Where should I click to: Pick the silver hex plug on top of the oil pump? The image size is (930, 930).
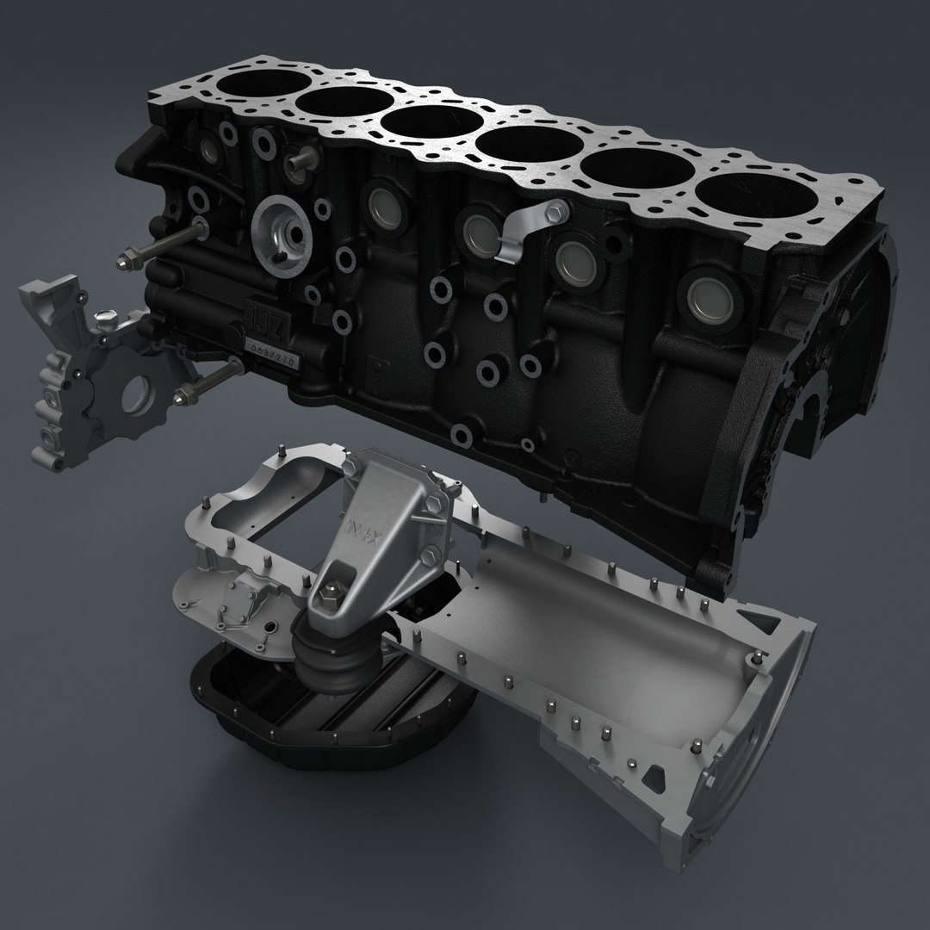point(105,319)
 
